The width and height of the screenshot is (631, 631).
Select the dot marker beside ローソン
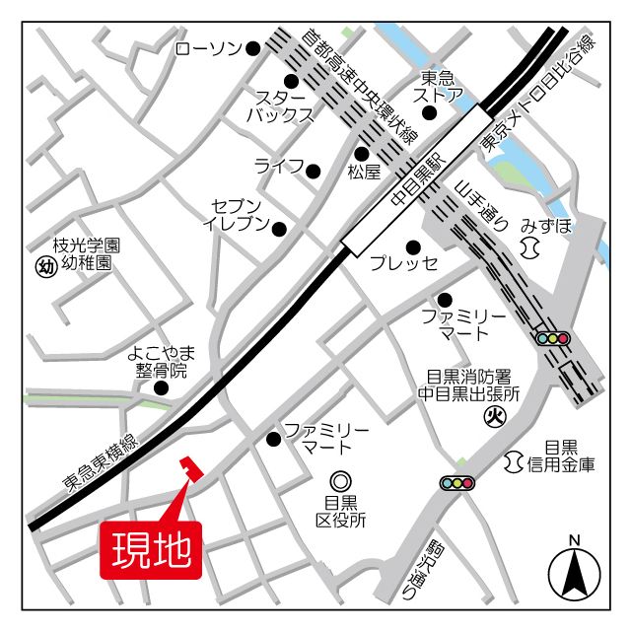tap(253, 47)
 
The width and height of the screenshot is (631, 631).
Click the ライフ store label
tap(279, 166)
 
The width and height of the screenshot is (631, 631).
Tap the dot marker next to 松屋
tap(362, 153)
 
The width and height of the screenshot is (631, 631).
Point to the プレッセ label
tap(403, 264)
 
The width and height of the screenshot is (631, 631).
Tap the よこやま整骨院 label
tap(162, 362)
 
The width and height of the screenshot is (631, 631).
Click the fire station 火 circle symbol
tap(494, 417)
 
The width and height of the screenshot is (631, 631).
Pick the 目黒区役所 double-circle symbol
tap(341, 481)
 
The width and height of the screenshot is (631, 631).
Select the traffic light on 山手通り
tap(552, 338)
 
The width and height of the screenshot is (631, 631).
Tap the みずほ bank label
tap(547, 226)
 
